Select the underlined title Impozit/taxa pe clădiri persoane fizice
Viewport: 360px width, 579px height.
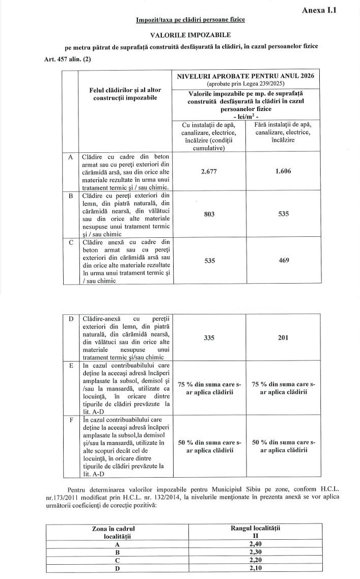[190, 20]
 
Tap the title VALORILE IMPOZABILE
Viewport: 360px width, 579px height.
[190, 35]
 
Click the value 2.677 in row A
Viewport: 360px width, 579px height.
[209, 171]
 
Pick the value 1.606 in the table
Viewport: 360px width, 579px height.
[283, 171]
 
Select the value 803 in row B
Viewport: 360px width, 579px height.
[209, 214]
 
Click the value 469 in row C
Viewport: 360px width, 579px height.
[284, 260]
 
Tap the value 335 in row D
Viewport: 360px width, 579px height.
[209, 337]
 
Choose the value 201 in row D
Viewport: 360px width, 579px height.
[284, 337]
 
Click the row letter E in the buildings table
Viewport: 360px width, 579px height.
[70, 365]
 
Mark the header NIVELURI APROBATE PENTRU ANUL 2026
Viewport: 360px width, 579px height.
[245, 76]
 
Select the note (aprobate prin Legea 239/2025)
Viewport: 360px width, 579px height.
[245, 83]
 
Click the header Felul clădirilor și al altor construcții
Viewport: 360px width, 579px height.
[125, 94]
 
